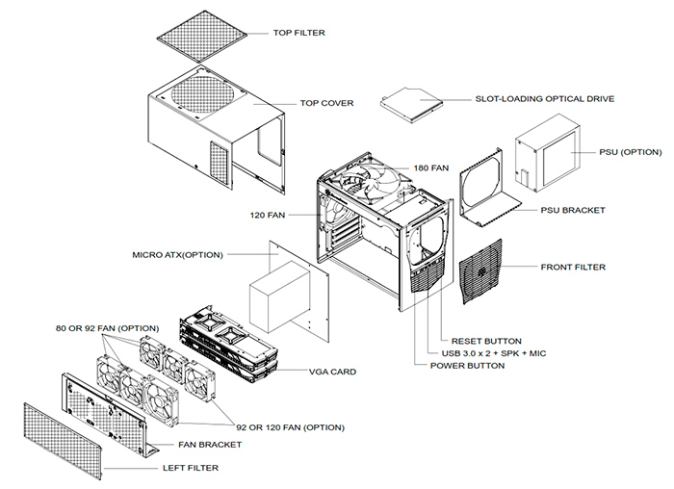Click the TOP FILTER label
[x=298, y=33]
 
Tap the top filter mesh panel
[x=207, y=39]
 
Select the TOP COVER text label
[x=326, y=103]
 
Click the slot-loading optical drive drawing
[x=413, y=101]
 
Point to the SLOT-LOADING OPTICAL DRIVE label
[x=544, y=98]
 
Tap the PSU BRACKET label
[x=573, y=210]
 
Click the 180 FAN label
[x=431, y=167]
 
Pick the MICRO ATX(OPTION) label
[x=178, y=255]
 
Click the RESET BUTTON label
[x=486, y=341]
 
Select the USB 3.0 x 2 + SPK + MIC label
[x=499, y=353]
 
